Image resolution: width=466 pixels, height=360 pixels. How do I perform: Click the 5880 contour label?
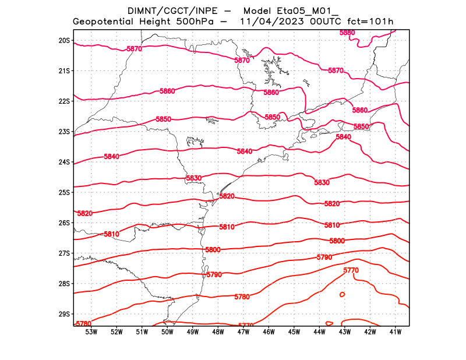[x=347, y=33]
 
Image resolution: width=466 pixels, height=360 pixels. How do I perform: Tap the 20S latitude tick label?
[x=64, y=41]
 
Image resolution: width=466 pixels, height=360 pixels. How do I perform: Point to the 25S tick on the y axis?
[x=64, y=192]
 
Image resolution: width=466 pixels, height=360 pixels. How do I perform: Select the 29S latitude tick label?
[x=64, y=314]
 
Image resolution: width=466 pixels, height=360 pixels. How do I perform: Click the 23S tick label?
[x=64, y=132]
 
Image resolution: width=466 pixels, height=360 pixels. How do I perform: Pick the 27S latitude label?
[x=64, y=253]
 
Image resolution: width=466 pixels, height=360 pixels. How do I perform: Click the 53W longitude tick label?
[x=91, y=332]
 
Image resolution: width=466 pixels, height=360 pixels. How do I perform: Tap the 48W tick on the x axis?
[x=218, y=332]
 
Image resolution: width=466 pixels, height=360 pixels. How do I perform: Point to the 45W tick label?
[x=294, y=332]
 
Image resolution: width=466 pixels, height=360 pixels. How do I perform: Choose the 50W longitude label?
[x=167, y=332]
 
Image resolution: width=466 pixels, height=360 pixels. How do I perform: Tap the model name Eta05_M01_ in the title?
[x=290, y=11]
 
